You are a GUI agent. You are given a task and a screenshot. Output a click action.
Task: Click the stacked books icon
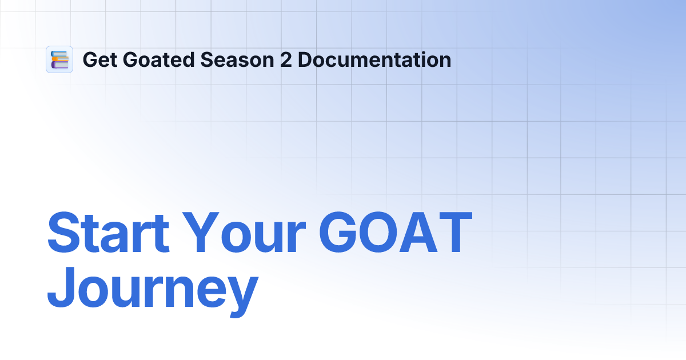click(x=59, y=59)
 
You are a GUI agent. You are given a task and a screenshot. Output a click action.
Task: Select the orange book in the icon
click(x=60, y=59)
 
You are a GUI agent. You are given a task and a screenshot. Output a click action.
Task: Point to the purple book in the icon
click(x=59, y=65)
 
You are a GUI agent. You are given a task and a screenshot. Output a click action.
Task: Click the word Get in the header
click(x=98, y=60)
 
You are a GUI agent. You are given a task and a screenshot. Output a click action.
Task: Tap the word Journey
click(x=152, y=291)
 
